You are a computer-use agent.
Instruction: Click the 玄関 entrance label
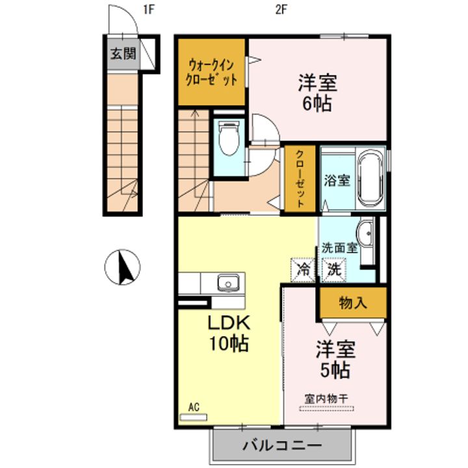click(x=123, y=54)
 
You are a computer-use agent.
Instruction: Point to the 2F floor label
click(x=281, y=10)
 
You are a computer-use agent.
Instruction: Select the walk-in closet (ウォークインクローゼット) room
click(x=212, y=72)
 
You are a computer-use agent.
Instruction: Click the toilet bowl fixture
click(x=229, y=138)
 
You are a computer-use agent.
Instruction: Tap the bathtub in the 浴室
click(x=370, y=179)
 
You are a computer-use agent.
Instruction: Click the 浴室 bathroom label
click(x=337, y=181)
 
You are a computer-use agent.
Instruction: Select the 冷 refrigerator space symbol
click(x=303, y=270)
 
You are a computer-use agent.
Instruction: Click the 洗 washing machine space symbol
click(x=334, y=270)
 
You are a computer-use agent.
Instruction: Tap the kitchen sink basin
click(x=228, y=283)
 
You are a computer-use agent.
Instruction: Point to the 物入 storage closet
click(x=354, y=303)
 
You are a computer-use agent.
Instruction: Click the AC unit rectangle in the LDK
click(x=194, y=417)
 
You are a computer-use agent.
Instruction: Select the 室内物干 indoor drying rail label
click(x=326, y=398)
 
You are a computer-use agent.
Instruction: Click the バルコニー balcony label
click(x=282, y=446)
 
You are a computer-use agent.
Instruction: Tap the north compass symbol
click(x=122, y=267)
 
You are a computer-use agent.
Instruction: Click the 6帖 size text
click(x=317, y=103)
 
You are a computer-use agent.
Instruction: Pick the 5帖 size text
click(x=335, y=370)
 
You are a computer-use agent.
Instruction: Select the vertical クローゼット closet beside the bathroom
click(x=300, y=179)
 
